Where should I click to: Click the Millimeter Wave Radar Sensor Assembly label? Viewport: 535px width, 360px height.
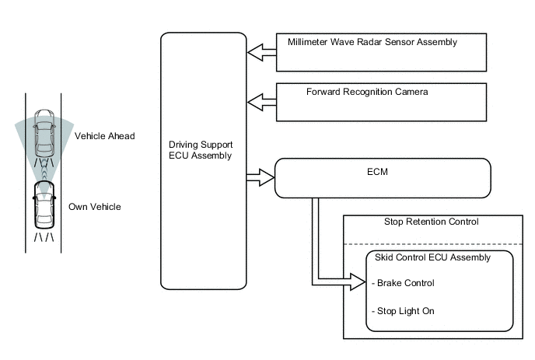click(x=372, y=42)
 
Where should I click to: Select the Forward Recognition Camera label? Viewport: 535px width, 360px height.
click(x=367, y=92)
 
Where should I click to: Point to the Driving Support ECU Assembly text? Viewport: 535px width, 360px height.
click(x=201, y=151)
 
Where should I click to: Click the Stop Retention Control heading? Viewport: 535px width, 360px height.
click(x=431, y=222)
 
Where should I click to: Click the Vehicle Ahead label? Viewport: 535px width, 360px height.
click(x=104, y=136)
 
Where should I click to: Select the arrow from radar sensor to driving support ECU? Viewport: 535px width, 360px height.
click(x=261, y=52)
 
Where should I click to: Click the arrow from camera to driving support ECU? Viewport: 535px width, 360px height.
click(x=261, y=102)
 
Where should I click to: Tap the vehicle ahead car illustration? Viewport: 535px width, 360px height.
click(x=44, y=134)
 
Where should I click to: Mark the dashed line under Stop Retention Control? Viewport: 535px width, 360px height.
click(x=432, y=244)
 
